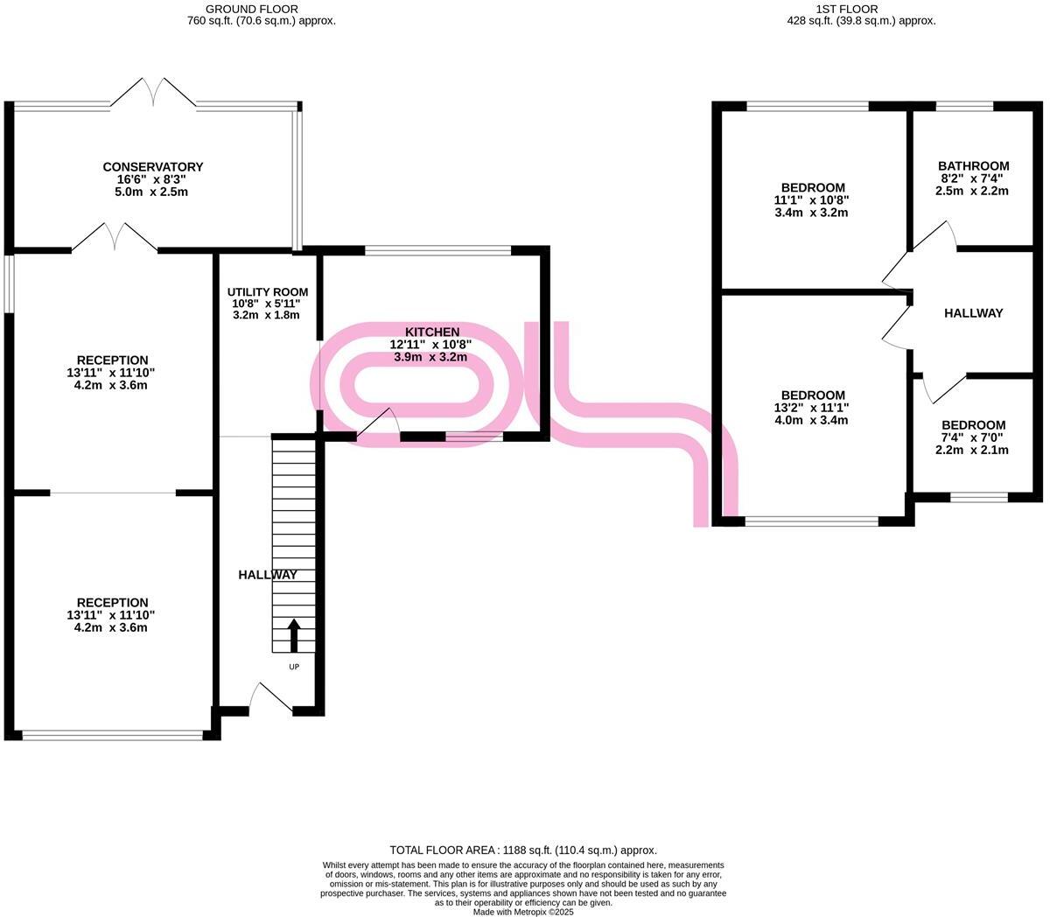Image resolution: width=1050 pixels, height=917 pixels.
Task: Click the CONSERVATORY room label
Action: click(x=153, y=167)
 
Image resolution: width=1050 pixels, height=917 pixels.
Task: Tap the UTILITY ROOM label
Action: click(x=268, y=292)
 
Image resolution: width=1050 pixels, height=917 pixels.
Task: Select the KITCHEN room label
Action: click(x=431, y=332)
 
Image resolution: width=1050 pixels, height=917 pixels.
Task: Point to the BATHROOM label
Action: click(x=973, y=166)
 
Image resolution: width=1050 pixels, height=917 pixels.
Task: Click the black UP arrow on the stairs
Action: click(x=294, y=635)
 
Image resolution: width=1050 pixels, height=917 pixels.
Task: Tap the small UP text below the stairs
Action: click(x=294, y=667)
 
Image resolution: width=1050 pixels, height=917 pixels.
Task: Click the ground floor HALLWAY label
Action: click(x=268, y=575)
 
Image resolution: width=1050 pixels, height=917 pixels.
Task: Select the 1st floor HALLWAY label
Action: click(x=973, y=313)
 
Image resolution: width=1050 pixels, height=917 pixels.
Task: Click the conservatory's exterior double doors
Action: click(x=154, y=92)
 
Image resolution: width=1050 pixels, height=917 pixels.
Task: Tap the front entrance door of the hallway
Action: click(x=269, y=698)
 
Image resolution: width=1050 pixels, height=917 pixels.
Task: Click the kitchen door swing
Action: click(x=378, y=423)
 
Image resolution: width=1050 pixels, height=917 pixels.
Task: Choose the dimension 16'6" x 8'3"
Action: click(x=153, y=179)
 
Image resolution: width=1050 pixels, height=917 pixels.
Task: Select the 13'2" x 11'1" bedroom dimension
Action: click(x=813, y=408)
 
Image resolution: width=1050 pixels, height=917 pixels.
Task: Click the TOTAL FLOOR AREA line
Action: click(x=523, y=850)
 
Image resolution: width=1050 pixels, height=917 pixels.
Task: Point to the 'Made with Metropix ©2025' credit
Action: click(x=523, y=912)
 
